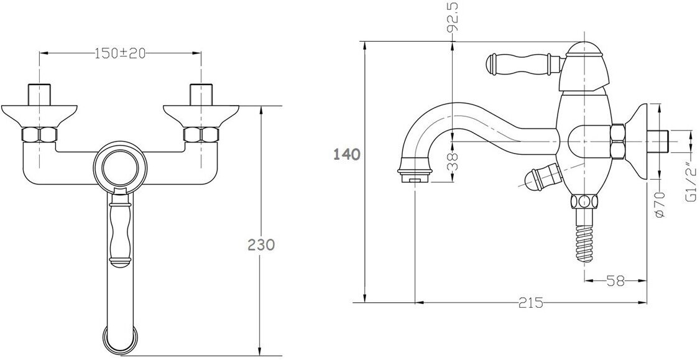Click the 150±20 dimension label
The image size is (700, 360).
(120, 53)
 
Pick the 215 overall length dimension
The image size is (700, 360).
(529, 303)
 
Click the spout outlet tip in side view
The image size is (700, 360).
(413, 178)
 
